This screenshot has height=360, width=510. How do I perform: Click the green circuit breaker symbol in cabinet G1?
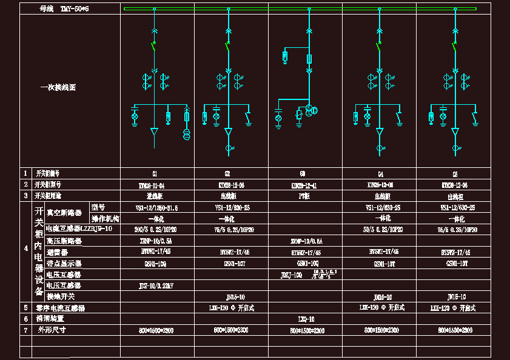point(153,44)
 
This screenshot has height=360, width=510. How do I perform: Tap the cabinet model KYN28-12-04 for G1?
point(152,184)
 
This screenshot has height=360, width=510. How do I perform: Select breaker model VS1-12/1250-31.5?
point(156,207)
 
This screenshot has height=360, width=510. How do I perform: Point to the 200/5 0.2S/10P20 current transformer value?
point(156,230)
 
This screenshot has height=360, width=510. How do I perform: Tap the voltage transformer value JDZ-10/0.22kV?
point(156,285)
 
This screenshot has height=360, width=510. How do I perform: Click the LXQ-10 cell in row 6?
point(306,319)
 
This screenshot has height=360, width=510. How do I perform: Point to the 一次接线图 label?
point(58,87)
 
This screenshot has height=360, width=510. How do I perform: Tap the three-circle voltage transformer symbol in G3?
point(312,110)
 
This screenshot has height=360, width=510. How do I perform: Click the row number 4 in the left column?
point(25,247)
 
